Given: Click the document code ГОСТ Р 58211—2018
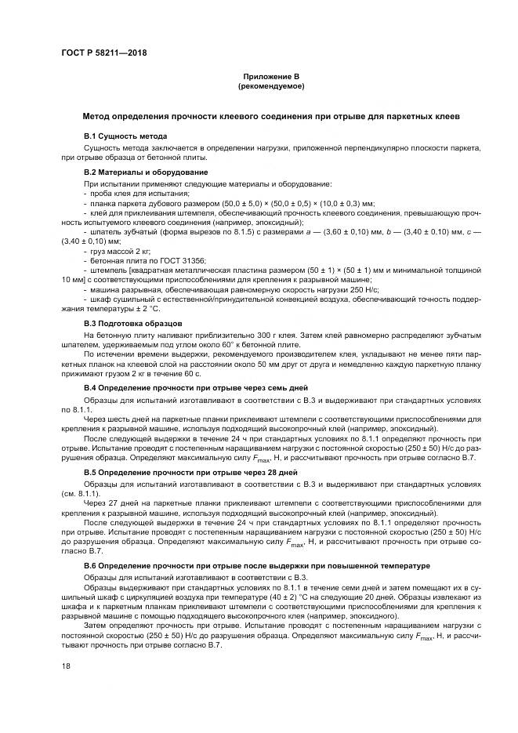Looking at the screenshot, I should point(103,53).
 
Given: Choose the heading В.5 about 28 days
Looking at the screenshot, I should point(190,473).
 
